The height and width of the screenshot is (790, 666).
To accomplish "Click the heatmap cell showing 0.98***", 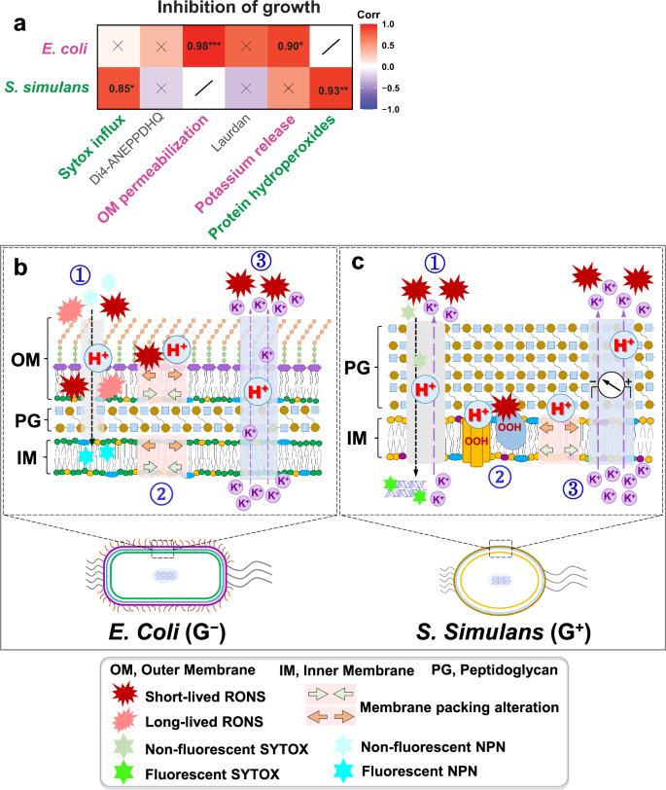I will click(208, 46).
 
